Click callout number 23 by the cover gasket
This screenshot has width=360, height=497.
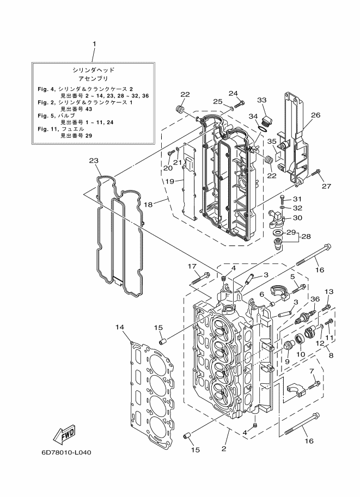(94, 161)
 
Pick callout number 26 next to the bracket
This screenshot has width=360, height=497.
(315, 115)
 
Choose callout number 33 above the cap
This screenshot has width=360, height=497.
(262, 100)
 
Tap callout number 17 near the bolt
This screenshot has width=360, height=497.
(192, 266)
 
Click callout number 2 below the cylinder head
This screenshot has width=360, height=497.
(223, 449)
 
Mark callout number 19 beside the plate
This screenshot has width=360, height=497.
(169, 181)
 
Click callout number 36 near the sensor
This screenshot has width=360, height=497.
(315, 298)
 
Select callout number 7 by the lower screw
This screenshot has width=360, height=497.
(312, 371)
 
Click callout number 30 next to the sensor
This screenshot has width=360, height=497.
(297, 218)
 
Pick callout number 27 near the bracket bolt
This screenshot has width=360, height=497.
(326, 186)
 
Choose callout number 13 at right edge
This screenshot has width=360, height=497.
(328, 292)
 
